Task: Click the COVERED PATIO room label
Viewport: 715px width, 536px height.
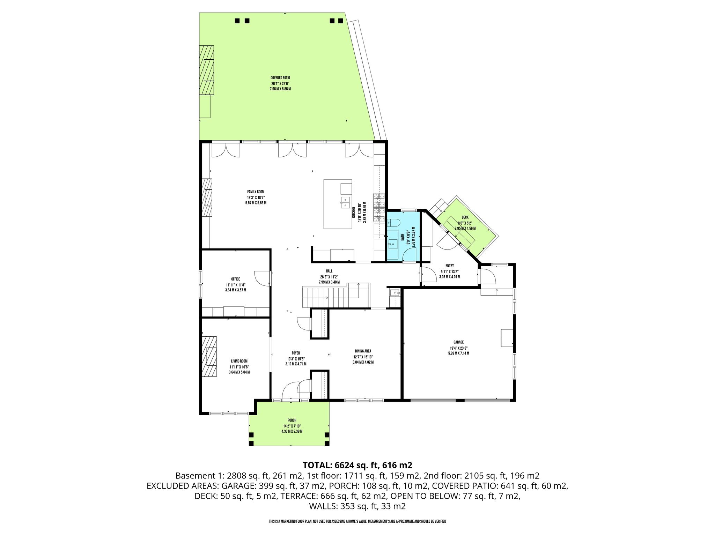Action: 280,78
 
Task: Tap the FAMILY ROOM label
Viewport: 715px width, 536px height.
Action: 256,192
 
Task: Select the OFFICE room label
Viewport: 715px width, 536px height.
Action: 236,279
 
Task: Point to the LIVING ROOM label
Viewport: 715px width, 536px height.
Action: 239,361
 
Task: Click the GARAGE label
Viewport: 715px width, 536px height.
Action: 459,342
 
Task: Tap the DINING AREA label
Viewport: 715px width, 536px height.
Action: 363,351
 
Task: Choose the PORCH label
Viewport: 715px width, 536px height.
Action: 292,420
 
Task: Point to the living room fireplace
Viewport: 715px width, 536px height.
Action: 209,361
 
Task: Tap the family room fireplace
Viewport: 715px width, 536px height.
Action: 207,198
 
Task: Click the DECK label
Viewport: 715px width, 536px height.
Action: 465,217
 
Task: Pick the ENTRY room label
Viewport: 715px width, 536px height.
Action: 450,266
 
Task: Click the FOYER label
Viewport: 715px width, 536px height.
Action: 296,353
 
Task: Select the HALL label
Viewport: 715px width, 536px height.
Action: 329,271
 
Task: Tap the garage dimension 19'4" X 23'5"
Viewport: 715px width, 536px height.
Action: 459,348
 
